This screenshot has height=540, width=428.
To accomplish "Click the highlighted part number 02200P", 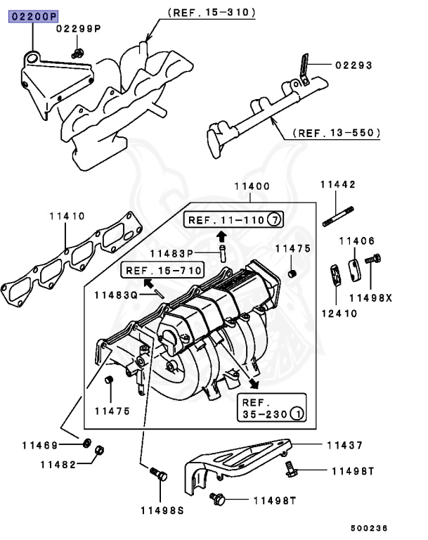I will click(34, 15).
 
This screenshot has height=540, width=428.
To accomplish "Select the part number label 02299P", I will click(79, 29).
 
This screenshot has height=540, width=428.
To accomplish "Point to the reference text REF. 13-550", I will click(337, 132).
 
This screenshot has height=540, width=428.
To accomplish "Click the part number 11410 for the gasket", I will click(67, 217).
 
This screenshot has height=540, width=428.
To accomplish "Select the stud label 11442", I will click(337, 185).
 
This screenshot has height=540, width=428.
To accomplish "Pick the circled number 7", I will click(274, 220).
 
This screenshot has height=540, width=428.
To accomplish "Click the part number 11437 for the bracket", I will click(344, 445).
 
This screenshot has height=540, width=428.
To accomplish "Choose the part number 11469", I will click(39, 444).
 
